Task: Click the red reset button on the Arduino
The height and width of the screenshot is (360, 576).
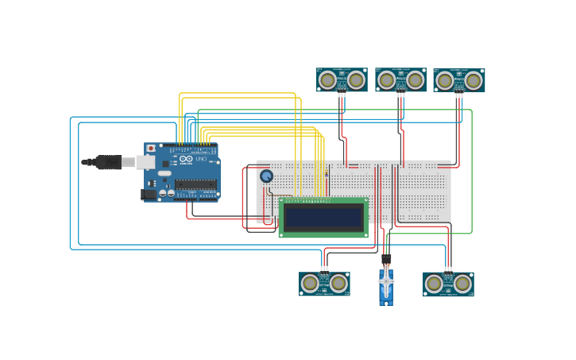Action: (151, 149)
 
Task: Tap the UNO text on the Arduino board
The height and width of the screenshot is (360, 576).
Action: (202, 159)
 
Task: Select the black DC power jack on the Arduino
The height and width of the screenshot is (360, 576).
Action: (149, 193)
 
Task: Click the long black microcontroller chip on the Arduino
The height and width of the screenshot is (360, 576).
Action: (195, 184)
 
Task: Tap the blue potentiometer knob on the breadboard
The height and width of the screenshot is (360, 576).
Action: (266, 176)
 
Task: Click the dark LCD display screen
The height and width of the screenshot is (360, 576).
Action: (323, 217)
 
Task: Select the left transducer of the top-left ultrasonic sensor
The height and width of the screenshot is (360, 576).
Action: (327, 79)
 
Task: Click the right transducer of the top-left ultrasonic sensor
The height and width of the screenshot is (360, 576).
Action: (356, 79)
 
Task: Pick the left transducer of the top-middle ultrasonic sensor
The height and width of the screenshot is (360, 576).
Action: (386, 79)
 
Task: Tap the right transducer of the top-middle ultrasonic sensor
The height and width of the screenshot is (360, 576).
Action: (415, 79)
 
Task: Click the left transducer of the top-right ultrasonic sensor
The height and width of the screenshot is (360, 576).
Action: (445, 80)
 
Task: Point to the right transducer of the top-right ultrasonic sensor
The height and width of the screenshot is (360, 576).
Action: (474, 80)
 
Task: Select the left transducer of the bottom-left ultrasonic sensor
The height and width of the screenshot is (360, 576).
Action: (310, 283)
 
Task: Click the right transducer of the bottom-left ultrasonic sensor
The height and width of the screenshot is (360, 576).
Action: (338, 283)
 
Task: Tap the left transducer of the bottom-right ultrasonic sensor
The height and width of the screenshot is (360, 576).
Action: (434, 284)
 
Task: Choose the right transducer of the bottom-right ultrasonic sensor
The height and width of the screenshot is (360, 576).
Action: (462, 284)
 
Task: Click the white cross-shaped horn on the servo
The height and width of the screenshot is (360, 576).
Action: (386, 281)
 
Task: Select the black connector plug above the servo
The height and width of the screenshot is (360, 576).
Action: (386, 259)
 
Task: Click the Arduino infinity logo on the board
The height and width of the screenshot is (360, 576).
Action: (186, 159)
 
